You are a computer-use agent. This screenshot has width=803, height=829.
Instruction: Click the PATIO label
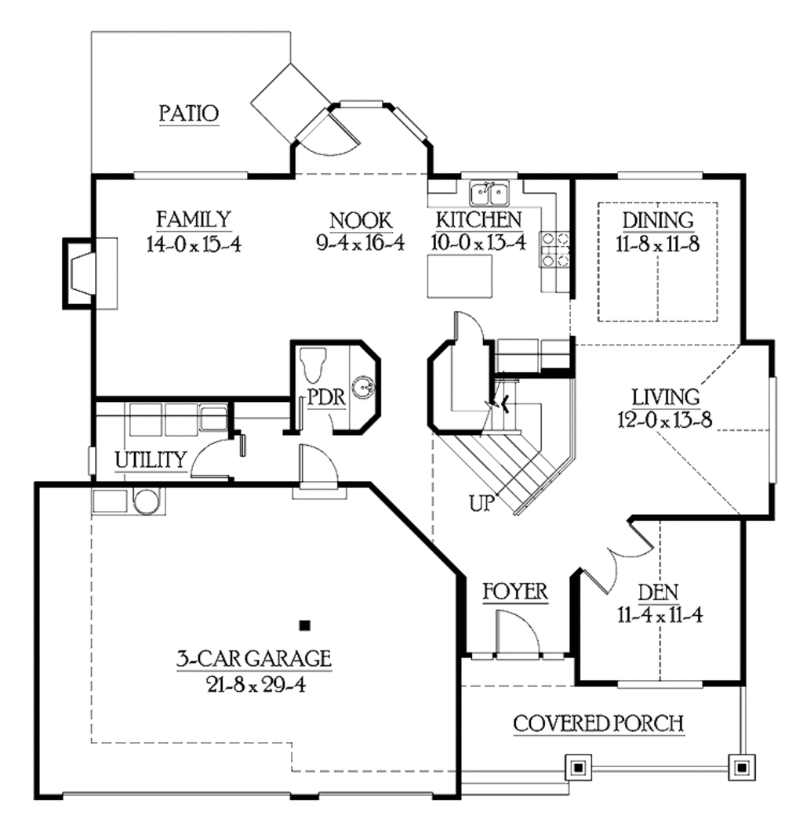(188, 113)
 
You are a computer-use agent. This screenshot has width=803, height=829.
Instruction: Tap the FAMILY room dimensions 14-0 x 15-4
(192, 244)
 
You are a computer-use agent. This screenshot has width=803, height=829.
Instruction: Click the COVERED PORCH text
(598, 723)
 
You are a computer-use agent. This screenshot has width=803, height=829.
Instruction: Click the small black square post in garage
(305, 624)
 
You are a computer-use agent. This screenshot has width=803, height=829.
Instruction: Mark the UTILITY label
(151, 459)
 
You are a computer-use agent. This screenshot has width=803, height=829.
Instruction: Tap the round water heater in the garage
(146, 501)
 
